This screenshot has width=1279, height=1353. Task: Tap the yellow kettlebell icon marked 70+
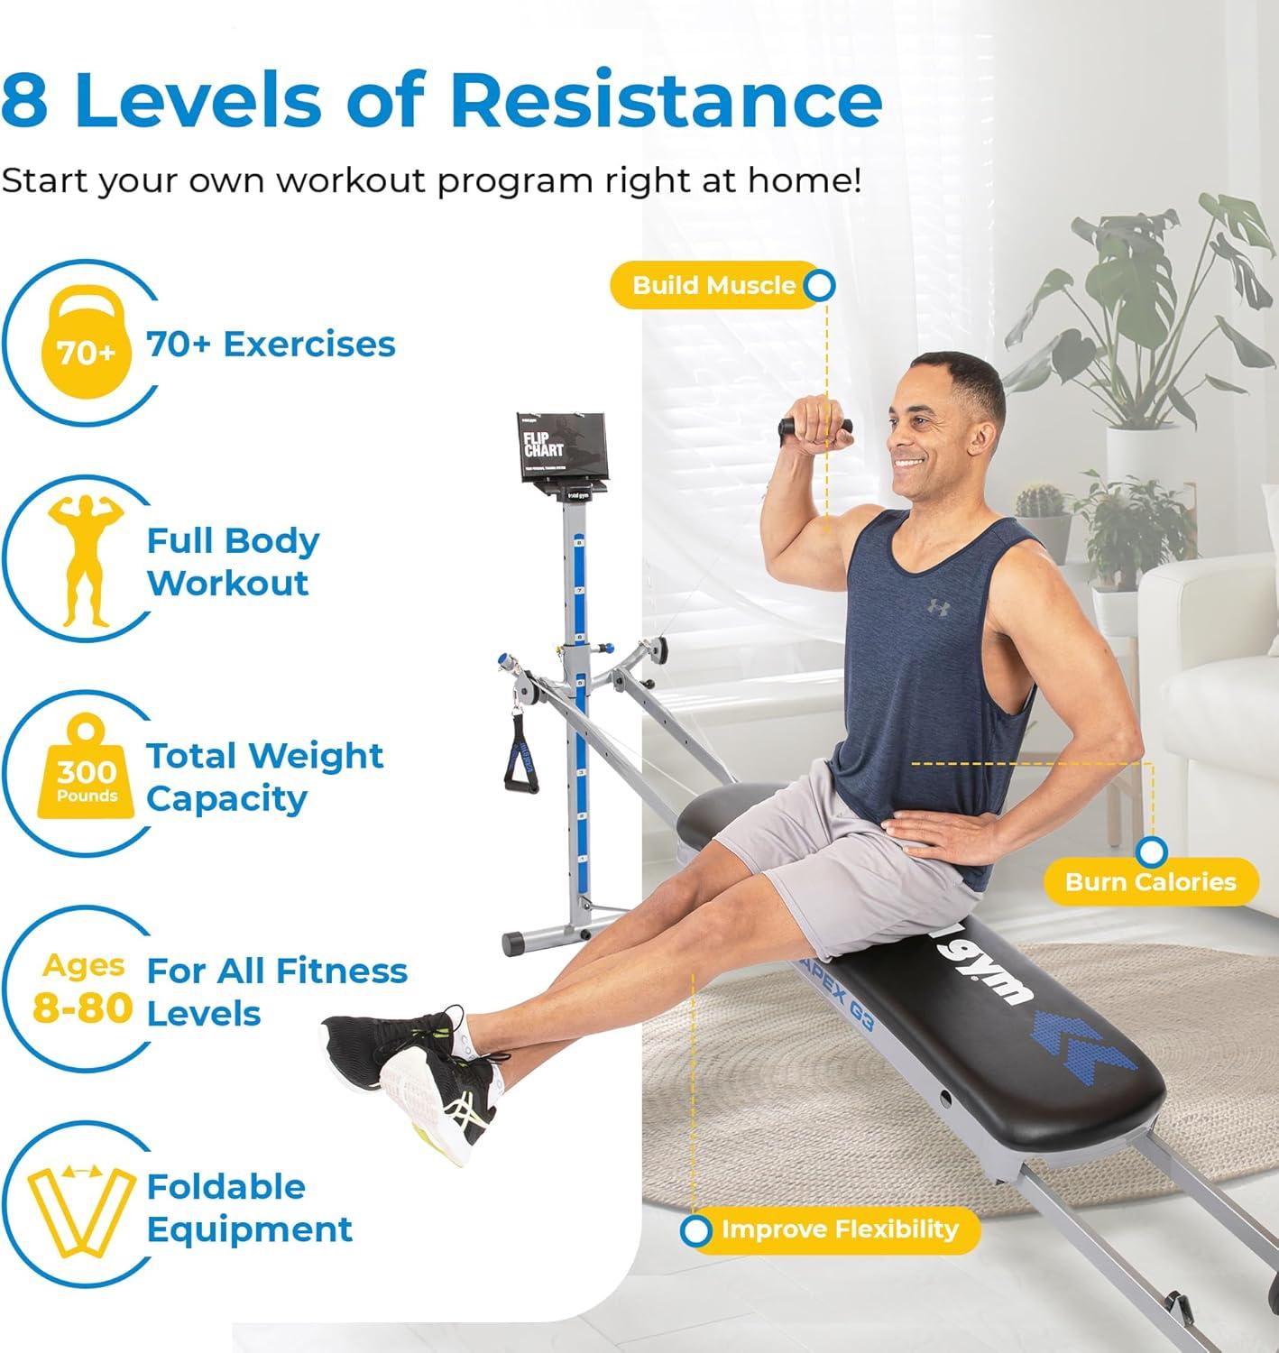click(87, 344)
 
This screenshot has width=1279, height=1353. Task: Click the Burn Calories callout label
click(1150, 881)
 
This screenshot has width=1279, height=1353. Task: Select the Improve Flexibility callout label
click(839, 1229)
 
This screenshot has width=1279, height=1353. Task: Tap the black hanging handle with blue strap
click(521, 750)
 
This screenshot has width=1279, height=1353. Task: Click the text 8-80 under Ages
click(83, 1007)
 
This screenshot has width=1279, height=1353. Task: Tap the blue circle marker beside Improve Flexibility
click(695, 1230)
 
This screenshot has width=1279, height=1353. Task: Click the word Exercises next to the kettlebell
click(308, 344)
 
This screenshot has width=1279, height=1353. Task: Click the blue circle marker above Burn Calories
click(1152, 851)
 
